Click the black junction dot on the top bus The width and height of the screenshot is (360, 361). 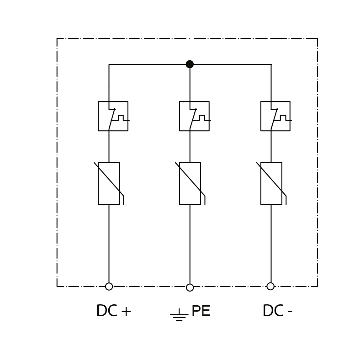(190, 64)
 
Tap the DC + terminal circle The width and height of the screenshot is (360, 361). (109, 287)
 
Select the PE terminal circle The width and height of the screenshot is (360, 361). (190, 287)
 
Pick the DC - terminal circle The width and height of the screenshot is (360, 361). (270, 286)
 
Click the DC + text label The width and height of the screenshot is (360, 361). (114, 311)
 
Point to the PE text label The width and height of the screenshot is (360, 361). (201, 311)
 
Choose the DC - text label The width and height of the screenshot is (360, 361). (277, 311)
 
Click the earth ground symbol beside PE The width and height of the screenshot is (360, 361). (179, 315)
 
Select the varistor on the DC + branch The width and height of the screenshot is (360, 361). (109, 184)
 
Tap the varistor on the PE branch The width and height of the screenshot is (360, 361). (190, 184)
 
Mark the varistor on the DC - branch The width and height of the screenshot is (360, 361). (271, 184)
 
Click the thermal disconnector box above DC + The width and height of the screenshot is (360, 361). (113, 116)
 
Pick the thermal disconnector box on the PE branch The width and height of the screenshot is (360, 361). (194, 116)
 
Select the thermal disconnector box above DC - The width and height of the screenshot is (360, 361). (275, 116)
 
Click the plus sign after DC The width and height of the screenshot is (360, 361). (126, 312)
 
